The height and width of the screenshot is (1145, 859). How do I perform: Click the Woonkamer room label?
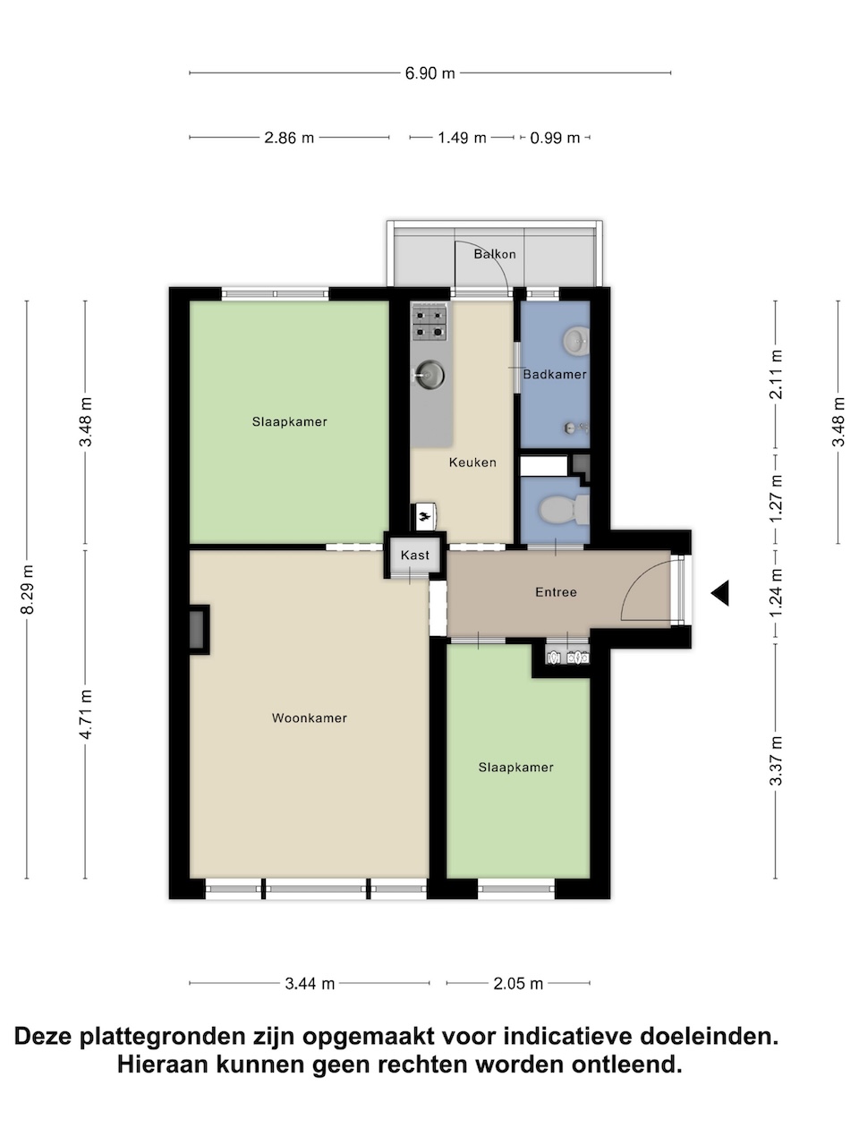point(310,717)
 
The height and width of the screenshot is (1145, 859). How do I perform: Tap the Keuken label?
point(472,462)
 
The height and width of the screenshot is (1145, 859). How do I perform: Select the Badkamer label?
point(555,374)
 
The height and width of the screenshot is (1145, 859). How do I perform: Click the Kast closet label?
point(415,555)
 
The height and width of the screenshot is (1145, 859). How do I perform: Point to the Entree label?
point(556,592)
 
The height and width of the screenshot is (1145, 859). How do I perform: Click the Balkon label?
point(495,254)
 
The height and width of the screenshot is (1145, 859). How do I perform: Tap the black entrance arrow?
point(719,593)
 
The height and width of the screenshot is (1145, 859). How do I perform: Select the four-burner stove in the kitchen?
point(429,323)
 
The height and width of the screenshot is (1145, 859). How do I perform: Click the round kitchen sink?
point(429,374)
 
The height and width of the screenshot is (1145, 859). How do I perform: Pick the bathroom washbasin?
point(575,340)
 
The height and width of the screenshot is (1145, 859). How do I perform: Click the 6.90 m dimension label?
point(429,73)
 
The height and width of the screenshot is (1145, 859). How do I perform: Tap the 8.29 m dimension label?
point(27,589)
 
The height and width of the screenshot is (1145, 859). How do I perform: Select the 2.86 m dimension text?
point(289,138)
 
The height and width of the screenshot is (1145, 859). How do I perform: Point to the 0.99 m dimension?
point(555,138)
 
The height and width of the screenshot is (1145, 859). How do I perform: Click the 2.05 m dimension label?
point(518,984)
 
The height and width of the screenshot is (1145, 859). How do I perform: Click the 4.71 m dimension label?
point(86,714)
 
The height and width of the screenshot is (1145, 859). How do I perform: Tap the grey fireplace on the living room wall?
point(198,630)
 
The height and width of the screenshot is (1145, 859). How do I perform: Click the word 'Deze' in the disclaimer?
point(43,1036)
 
